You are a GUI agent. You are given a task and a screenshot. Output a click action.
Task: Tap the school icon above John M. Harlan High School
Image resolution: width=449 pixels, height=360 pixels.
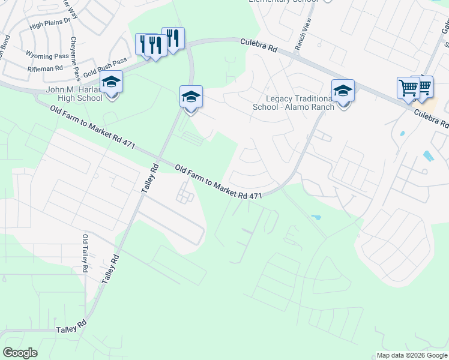pos(111,82)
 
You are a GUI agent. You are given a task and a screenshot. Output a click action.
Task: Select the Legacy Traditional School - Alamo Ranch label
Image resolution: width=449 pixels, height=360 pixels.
pos(300,103)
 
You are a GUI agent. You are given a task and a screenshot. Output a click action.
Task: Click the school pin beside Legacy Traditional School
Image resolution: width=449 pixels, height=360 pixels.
pos(343,91)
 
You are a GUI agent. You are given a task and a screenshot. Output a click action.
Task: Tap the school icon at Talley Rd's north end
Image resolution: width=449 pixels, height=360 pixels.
pos(191,97)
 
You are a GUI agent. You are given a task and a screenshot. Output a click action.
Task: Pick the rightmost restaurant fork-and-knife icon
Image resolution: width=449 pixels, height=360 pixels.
pos(173,38)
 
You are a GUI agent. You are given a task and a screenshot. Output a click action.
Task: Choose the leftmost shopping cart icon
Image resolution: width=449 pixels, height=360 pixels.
pos(408,88)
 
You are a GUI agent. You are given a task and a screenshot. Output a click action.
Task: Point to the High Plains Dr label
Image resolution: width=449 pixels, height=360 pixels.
pos(50,23)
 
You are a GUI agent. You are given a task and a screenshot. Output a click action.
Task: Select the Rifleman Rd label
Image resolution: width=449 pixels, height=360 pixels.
pos(41,69)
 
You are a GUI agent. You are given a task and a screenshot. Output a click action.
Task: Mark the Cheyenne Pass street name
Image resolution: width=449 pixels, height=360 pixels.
pos(75,59)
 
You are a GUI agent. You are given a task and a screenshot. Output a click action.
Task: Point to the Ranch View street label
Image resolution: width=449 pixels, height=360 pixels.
pos(303,34)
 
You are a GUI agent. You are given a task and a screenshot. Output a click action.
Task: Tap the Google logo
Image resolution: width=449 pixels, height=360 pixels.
pos(20,353)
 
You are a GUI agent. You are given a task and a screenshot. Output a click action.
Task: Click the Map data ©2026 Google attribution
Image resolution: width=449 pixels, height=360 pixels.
pos(411,355)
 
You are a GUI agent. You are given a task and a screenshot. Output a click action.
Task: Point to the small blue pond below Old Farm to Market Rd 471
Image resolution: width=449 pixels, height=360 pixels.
pos(316,217)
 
